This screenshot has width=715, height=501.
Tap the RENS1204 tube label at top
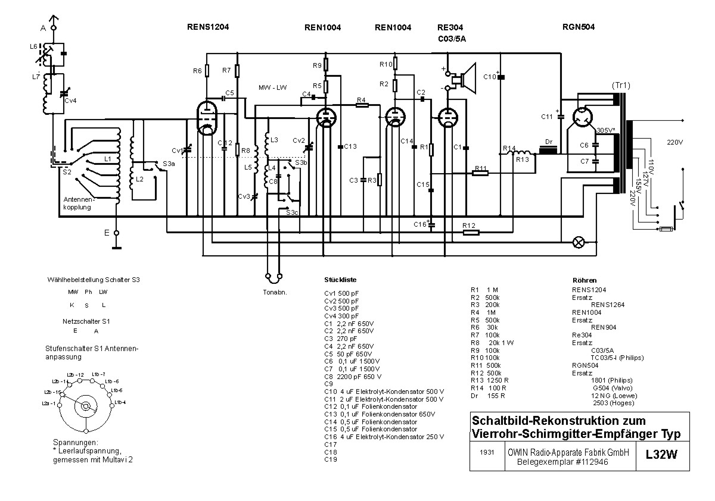208,27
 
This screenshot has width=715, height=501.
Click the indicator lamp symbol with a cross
578,242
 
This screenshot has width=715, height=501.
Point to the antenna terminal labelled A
53,27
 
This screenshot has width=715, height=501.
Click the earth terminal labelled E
117,233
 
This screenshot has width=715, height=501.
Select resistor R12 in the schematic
470,231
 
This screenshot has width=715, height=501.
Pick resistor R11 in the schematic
480,173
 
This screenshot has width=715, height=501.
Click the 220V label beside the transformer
676,142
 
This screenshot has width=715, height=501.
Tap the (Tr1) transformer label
620,85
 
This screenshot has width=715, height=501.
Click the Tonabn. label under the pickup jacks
275,292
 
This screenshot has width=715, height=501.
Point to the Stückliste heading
341,280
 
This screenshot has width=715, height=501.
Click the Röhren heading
584,280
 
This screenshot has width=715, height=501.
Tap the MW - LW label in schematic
272,87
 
